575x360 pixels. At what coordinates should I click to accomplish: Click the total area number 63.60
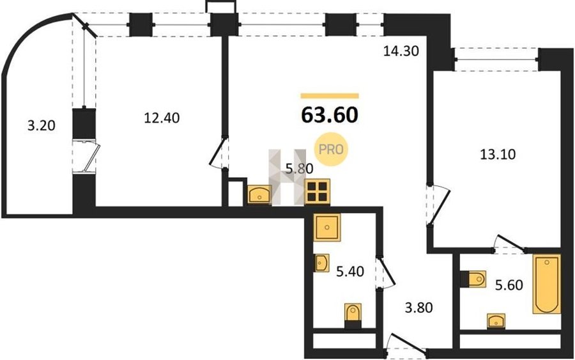coord(329,115)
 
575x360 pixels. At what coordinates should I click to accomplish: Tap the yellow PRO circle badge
coord(331,149)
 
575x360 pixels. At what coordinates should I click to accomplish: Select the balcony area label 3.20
coord(42,126)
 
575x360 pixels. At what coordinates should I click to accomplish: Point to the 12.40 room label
coord(162,118)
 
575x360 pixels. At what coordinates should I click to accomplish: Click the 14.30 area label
coord(401,51)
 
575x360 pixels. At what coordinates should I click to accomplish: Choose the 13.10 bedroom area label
coord(498,155)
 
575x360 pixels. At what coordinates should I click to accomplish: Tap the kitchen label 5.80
coord(299,169)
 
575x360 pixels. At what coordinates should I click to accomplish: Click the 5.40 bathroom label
coord(350,272)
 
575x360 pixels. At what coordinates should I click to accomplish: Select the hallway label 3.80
coord(418,307)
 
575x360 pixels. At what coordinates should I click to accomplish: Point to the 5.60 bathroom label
coord(509,285)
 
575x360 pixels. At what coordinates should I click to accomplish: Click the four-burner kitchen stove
coord(317,192)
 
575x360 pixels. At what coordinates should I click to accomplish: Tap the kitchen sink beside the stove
coord(259,194)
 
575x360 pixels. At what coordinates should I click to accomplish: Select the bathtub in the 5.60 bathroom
coord(547,285)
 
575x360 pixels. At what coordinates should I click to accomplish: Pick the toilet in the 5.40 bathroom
coord(353,316)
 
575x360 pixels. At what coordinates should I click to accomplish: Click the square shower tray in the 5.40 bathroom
coord(327,227)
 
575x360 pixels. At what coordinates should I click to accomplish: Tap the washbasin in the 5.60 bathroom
coord(496,320)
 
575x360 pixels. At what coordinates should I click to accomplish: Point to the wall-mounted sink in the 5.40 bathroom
coord(321,263)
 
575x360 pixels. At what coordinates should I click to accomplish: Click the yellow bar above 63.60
coord(330,96)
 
